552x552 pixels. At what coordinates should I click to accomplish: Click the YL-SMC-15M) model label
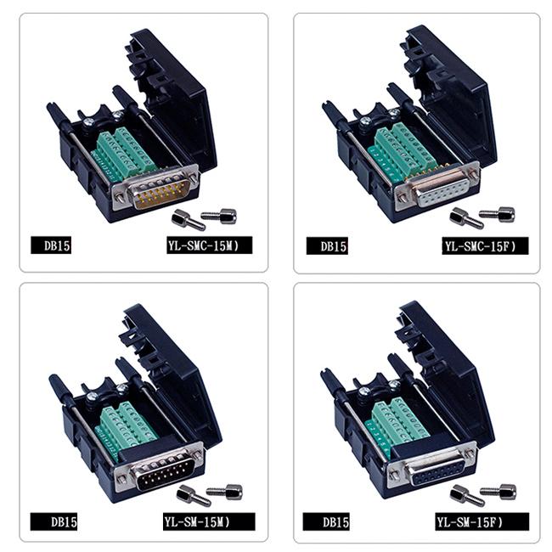(204, 246)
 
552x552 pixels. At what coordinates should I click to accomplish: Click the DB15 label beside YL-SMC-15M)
(57, 246)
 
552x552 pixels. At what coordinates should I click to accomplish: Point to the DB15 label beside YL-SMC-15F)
(333, 246)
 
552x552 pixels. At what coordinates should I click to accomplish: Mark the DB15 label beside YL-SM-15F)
(333, 521)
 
